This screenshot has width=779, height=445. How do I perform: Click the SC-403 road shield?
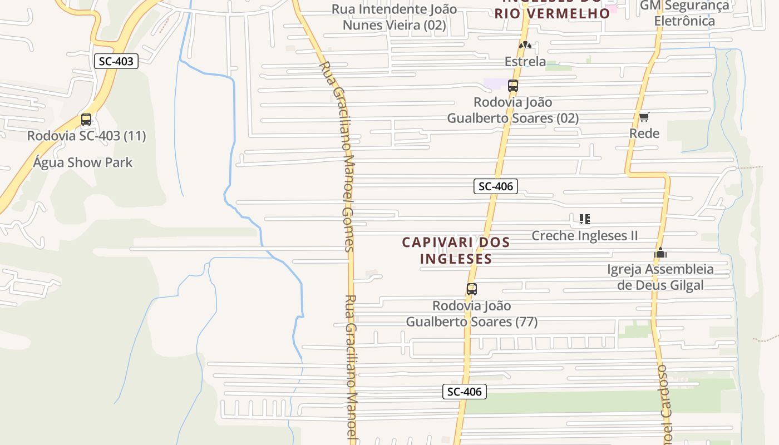click(116, 61)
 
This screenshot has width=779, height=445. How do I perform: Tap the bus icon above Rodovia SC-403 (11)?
click(86, 120)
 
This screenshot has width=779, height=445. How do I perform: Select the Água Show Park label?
click(83, 162)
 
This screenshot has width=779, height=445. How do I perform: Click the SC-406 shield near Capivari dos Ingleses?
click(495, 186)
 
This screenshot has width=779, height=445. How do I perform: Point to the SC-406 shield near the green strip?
click(465, 392)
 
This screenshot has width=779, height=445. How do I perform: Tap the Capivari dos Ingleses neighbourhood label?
click(456, 250)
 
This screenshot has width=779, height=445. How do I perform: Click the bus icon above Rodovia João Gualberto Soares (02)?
click(513, 86)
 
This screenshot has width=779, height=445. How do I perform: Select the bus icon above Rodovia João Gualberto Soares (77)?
click(472, 289)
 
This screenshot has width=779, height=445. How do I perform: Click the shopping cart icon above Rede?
click(644, 117)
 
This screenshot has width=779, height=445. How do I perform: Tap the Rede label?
click(644, 133)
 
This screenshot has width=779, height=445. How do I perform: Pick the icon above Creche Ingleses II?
click(584, 219)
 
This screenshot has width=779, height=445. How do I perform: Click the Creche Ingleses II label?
click(584, 235)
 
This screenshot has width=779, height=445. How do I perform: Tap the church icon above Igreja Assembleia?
click(660, 253)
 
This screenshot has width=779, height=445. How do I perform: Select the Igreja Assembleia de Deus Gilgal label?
click(660, 277)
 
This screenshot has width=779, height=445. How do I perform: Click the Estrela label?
click(525, 61)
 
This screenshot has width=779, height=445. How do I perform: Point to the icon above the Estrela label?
click(525, 45)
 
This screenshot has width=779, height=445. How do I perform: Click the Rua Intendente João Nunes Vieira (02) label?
click(394, 17)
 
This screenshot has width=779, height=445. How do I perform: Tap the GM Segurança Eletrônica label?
click(684, 13)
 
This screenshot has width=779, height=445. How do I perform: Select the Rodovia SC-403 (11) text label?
click(86, 136)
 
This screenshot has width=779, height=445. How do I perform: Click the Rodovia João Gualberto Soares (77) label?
click(472, 314)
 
